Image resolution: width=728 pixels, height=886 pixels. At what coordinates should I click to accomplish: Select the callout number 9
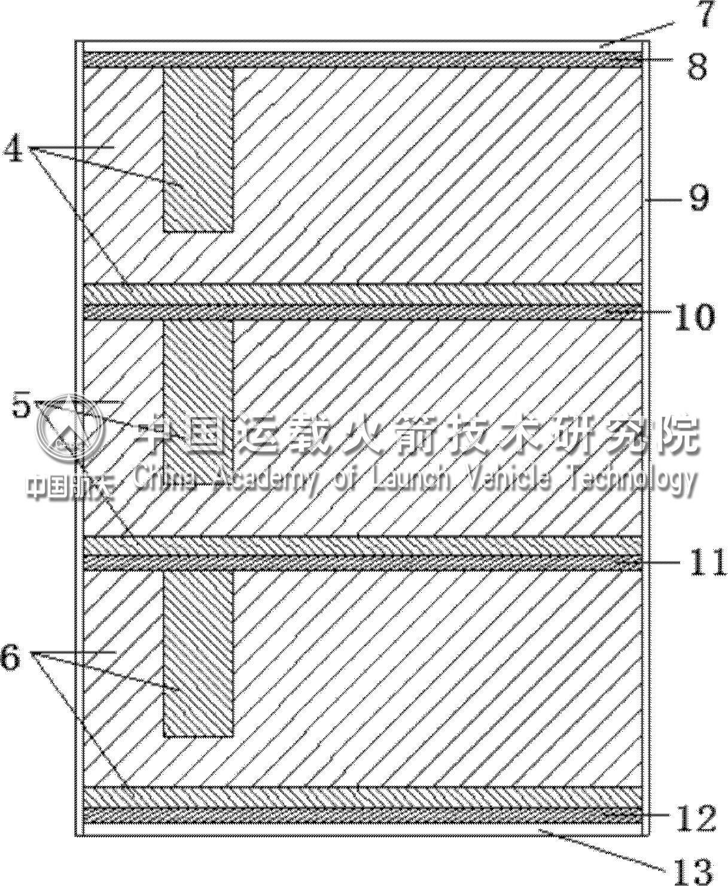(699, 197)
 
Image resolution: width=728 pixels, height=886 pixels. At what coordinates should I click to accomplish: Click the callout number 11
(708, 562)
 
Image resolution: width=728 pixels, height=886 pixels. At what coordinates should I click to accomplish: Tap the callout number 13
(694, 870)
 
